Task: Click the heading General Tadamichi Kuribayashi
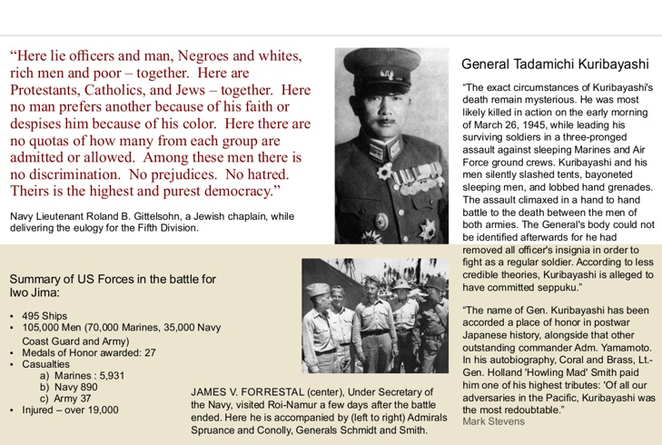555,64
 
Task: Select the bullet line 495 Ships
44,316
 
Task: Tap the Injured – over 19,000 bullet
70,410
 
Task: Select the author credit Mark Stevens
493,421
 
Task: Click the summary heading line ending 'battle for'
113,278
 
